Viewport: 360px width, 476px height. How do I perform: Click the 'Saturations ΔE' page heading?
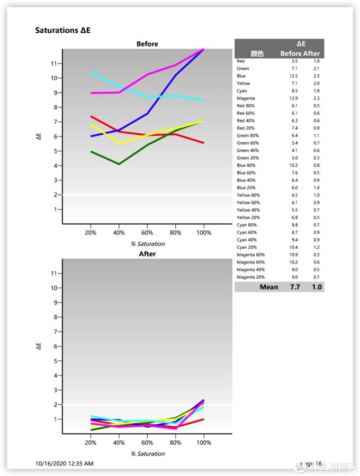(62, 30)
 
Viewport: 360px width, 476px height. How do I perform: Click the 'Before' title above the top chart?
(147, 44)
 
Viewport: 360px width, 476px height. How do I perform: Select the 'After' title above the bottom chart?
(147, 254)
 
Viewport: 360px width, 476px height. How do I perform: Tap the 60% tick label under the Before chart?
(147, 233)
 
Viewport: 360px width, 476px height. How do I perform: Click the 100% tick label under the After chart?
(204, 443)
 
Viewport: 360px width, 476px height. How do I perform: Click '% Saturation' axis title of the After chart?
(148, 454)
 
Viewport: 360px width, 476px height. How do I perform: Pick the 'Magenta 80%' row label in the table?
(250, 255)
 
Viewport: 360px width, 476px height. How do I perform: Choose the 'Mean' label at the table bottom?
(269, 287)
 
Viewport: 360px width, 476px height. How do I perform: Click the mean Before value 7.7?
(295, 287)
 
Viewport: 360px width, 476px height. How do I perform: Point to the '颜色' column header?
(257, 53)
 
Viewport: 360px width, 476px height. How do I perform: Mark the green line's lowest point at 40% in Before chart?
(119, 164)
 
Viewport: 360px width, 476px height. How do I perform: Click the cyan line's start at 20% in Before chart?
(91, 73)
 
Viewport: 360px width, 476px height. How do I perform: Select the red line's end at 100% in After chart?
(204, 419)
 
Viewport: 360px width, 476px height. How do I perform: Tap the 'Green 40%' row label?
(248, 151)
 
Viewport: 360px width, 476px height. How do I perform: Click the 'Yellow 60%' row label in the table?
(248, 203)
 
